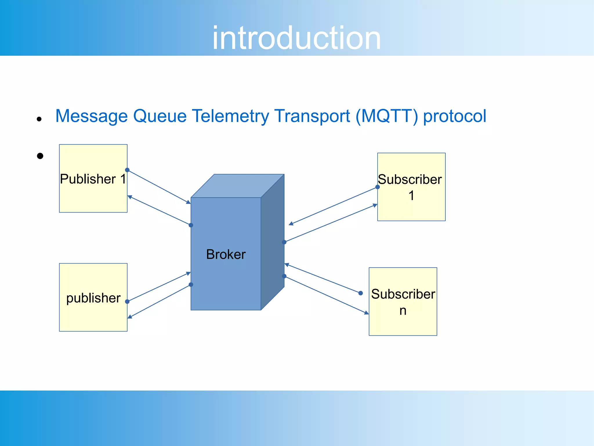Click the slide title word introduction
click(x=296, y=38)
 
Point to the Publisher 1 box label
click(x=93, y=179)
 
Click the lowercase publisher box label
click(x=93, y=298)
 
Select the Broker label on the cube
click(x=226, y=254)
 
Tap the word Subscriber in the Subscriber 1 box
click(x=410, y=179)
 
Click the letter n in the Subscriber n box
click(x=403, y=311)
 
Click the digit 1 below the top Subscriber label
click(x=411, y=196)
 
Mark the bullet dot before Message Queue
click(x=39, y=119)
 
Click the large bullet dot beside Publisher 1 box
click(x=40, y=156)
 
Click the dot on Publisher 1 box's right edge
click(x=127, y=170)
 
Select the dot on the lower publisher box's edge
click(x=127, y=302)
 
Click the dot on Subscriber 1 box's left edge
click(x=378, y=187)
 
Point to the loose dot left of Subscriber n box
click(x=361, y=293)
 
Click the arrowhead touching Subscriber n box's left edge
click(x=367, y=313)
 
